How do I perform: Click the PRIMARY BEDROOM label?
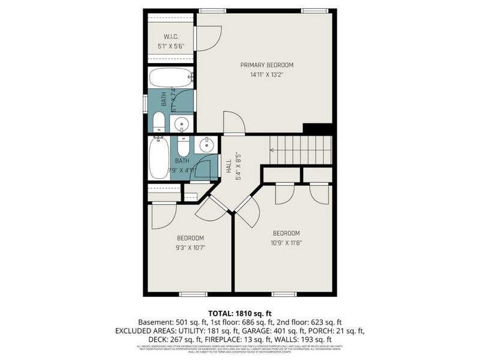(x=267, y=65)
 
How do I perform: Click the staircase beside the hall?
(x=301, y=150)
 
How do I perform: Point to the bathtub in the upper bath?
(x=171, y=78)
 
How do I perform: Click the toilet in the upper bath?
(x=159, y=122)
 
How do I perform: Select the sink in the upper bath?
(x=182, y=124)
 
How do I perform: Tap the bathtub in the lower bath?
(x=159, y=158)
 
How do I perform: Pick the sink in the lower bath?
(x=206, y=145)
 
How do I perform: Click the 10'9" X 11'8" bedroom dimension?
(x=286, y=243)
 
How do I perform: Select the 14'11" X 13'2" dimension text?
(x=267, y=75)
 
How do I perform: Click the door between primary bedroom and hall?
(x=234, y=124)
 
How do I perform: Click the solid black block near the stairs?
(x=318, y=129)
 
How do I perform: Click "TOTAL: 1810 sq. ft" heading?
(x=239, y=313)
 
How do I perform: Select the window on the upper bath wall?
(x=145, y=103)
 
